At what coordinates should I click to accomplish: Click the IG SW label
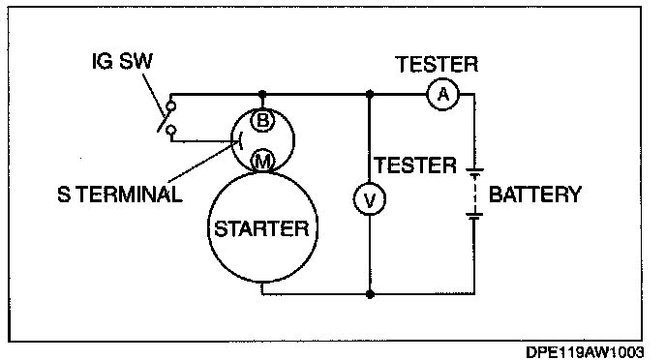(x=122, y=61)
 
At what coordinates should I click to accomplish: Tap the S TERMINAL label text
(x=120, y=195)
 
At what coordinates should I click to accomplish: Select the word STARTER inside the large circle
(x=262, y=229)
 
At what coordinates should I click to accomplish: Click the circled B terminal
(x=262, y=121)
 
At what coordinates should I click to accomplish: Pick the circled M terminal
(x=263, y=162)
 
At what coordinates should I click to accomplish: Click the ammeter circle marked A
(x=443, y=94)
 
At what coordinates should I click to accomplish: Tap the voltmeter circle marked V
(x=370, y=199)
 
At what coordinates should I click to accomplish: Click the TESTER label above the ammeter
(x=437, y=65)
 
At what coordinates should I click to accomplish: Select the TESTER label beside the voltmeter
(x=415, y=165)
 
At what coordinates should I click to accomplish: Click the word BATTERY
(x=534, y=195)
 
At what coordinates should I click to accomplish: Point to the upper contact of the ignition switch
(x=170, y=106)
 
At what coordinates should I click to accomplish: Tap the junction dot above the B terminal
(x=262, y=94)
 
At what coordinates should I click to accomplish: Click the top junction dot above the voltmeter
(x=370, y=94)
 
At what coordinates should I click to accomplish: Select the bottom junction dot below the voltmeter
(x=370, y=294)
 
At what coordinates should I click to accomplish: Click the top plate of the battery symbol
(x=474, y=170)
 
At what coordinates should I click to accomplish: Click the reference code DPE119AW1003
(x=585, y=352)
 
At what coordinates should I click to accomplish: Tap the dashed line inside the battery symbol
(x=474, y=193)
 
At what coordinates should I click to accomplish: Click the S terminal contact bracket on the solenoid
(x=240, y=140)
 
